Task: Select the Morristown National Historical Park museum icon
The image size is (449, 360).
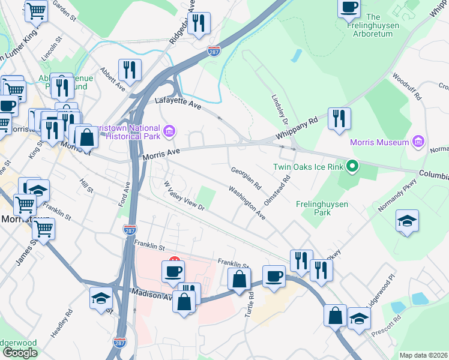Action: pyautogui.click(x=169, y=130)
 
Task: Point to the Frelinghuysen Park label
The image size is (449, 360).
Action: pyautogui.click(x=322, y=208)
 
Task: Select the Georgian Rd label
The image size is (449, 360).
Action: pyautogui.click(x=247, y=178)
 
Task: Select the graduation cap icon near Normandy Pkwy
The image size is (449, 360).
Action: pyautogui.click(x=407, y=220)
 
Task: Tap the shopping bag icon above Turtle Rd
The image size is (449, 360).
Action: pyautogui.click(x=239, y=278)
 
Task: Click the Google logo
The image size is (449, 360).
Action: pyautogui.click(x=20, y=353)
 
